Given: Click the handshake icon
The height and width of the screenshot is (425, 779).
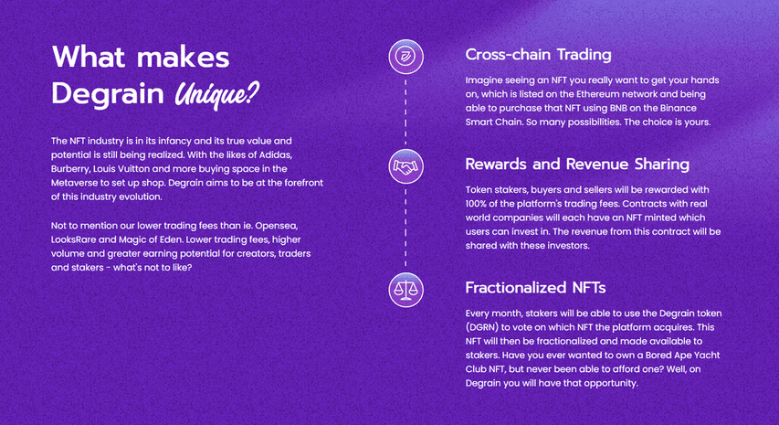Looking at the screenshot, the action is point(405,166).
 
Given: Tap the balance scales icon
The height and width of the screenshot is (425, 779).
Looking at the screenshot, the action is point(405,290).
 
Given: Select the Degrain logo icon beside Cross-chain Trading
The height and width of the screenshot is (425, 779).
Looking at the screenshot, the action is point(405,57).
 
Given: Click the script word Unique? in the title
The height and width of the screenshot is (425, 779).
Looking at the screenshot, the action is point(216,94).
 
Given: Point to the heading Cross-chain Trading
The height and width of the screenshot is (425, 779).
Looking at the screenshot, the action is point(538,55).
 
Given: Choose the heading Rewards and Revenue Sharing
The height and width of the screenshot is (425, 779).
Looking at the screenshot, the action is point(577,164).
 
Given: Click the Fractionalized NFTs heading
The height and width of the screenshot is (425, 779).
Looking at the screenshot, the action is point(535,288).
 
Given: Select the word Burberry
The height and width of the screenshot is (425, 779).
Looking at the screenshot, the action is point(70,169).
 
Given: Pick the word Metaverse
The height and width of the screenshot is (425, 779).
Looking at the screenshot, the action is point(72,183).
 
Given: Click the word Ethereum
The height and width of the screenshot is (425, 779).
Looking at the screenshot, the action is point(596,94).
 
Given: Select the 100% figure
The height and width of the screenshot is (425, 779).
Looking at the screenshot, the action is point(476,204).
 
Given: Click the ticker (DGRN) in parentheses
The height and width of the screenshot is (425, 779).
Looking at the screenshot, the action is point(482,327).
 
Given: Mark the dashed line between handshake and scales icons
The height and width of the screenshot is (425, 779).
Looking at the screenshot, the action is point(405,228).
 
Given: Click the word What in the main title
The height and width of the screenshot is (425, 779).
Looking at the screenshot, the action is point(89,57).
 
